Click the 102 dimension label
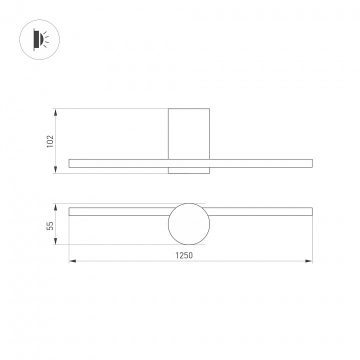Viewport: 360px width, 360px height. tap(50, 141)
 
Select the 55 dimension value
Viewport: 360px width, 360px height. tap(50, 225)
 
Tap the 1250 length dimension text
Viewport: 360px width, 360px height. tap(183, 255)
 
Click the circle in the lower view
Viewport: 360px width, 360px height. tap(188, 223)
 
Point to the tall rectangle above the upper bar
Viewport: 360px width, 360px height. tap(188, 133)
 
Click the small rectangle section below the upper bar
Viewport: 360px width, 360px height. tap(188, 170)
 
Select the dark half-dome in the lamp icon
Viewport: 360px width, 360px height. tap(38, 39)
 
